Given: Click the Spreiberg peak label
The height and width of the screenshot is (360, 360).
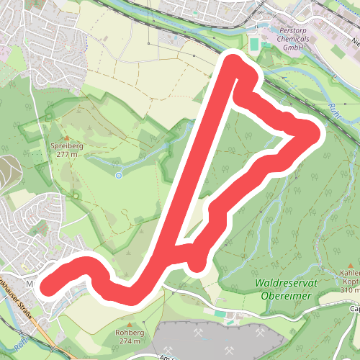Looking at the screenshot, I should pos(67,145).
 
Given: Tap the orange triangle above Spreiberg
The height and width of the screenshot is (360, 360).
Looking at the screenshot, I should pos(67,138).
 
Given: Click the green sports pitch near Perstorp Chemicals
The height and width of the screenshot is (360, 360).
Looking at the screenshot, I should pos(255,45).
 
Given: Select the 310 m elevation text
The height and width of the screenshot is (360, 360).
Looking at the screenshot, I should pos(351,289).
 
